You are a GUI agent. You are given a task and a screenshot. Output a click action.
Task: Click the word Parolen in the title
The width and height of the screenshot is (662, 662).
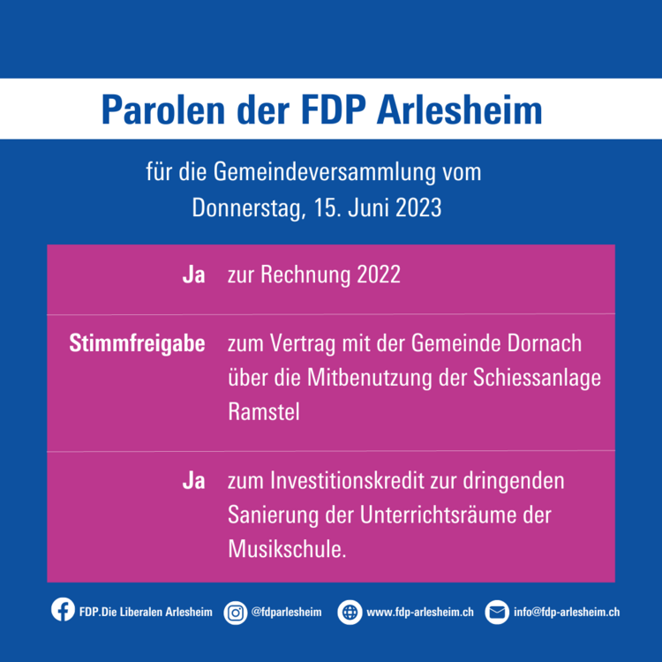click(x=163, y=109)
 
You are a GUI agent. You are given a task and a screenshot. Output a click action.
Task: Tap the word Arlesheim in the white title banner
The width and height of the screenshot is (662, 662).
click(x=459, y=109)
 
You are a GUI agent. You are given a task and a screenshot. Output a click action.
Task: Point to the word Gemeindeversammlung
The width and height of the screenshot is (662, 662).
click(x=324, y=173)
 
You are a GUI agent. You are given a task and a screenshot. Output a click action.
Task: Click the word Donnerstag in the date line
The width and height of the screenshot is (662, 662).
click(x=249, y=208)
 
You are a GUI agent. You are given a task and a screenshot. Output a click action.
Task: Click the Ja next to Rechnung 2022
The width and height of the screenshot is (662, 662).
click(x=194, y=275)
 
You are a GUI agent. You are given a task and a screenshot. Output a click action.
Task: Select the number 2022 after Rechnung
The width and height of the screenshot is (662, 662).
click(x=379, y=275)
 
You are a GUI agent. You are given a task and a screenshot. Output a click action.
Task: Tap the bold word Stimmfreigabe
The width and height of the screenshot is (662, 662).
click(x=137, y=344)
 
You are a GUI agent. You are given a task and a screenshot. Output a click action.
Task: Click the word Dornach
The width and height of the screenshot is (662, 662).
click(x=545, y=343)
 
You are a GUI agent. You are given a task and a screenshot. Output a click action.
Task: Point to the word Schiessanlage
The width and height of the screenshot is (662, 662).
click(x=537, y=379)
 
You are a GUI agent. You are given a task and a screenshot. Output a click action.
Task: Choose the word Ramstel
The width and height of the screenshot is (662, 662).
click(x=264, y=411)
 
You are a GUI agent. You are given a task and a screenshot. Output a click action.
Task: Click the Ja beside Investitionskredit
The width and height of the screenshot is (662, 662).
click(x=194, y=481)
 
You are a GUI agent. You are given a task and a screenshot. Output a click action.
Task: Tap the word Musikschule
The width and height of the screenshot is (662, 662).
click(x=287, y=550)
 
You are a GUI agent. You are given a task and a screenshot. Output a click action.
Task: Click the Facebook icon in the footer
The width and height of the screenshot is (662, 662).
click(x=63, y=610)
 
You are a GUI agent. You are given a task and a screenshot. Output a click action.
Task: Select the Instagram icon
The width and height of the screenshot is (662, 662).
click(x=236, y=613)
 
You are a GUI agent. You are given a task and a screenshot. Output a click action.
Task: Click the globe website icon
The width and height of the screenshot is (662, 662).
click(x=350, y=613)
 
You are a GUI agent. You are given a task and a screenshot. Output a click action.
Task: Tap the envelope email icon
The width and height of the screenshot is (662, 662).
click(x=497, y=613)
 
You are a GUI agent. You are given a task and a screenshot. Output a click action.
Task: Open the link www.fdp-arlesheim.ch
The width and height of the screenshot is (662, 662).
click(x=420, y=613)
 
